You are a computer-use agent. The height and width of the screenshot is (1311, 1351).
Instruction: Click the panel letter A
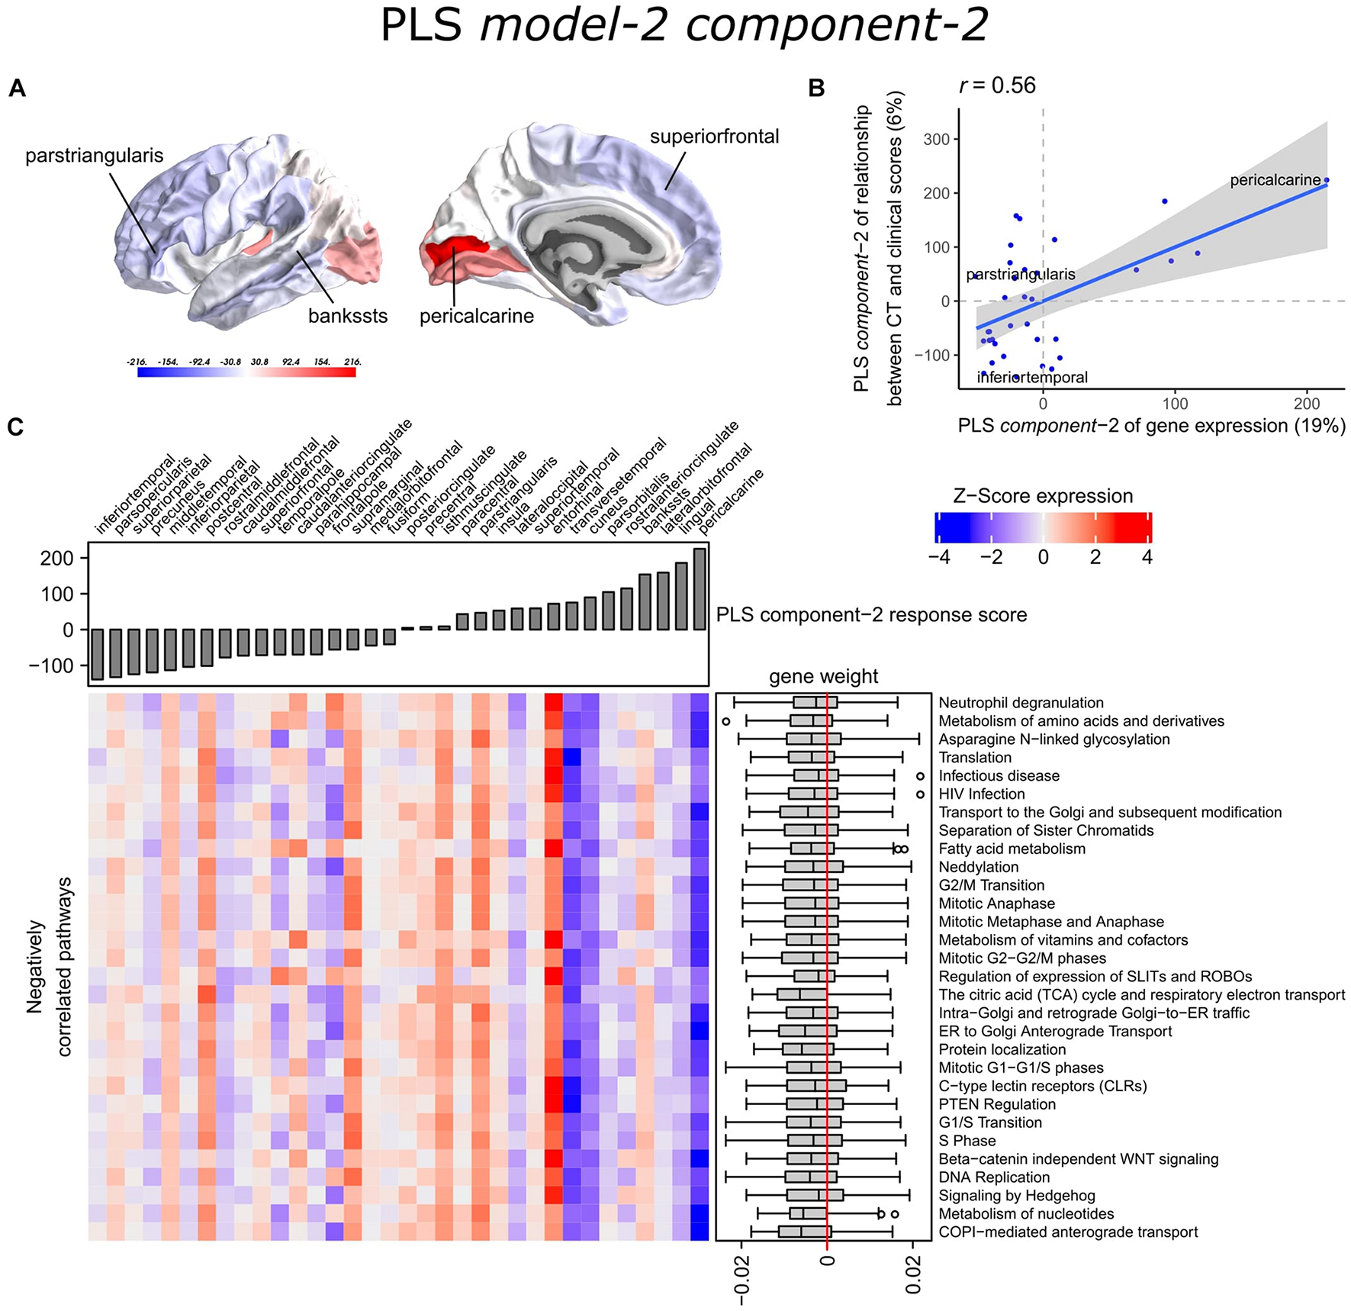(x=17, y=89)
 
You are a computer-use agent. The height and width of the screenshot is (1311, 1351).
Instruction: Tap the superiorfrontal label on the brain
(x=714, y=137)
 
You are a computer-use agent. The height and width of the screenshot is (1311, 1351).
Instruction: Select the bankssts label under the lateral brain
(x=348, y=316)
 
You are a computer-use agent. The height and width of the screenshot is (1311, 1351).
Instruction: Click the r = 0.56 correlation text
(x=997, y=85)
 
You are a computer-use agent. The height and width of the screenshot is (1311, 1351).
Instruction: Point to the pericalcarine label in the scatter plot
(x=1275, y=180)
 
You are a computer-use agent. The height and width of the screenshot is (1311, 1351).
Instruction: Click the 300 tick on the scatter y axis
(x=934, y=140)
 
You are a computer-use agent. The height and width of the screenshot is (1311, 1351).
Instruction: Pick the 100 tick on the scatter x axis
(x=1175, y=404)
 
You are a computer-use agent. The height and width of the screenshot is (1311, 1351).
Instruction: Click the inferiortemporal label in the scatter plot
(x=1032, y=377)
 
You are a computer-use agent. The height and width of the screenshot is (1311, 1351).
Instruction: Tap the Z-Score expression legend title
(x=1043, y=496)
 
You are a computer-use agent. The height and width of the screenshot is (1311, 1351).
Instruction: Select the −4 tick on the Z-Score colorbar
(x=939, y=557)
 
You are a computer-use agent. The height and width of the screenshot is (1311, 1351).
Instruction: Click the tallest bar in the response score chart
(x=700, y=588)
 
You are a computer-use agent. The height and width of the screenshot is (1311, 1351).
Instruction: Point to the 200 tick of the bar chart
(x=57, y=559)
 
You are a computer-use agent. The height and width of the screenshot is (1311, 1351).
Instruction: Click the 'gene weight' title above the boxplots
(x=823, y=677)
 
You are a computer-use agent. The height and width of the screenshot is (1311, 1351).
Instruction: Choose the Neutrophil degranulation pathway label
(x=1021, y=703)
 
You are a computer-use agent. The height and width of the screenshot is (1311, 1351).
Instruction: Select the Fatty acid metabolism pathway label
(x=1012, y=849)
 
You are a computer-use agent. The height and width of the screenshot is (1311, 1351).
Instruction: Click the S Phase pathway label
(x=967, y=1141)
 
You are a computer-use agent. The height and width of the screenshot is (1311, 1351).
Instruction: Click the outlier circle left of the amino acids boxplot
(x=725, y=721)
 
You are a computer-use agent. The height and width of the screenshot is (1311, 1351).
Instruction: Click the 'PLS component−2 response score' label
(x=871, y=615)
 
